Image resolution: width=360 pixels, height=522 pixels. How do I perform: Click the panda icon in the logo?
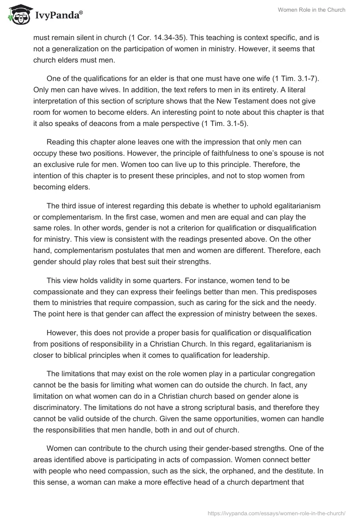[17, 13]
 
